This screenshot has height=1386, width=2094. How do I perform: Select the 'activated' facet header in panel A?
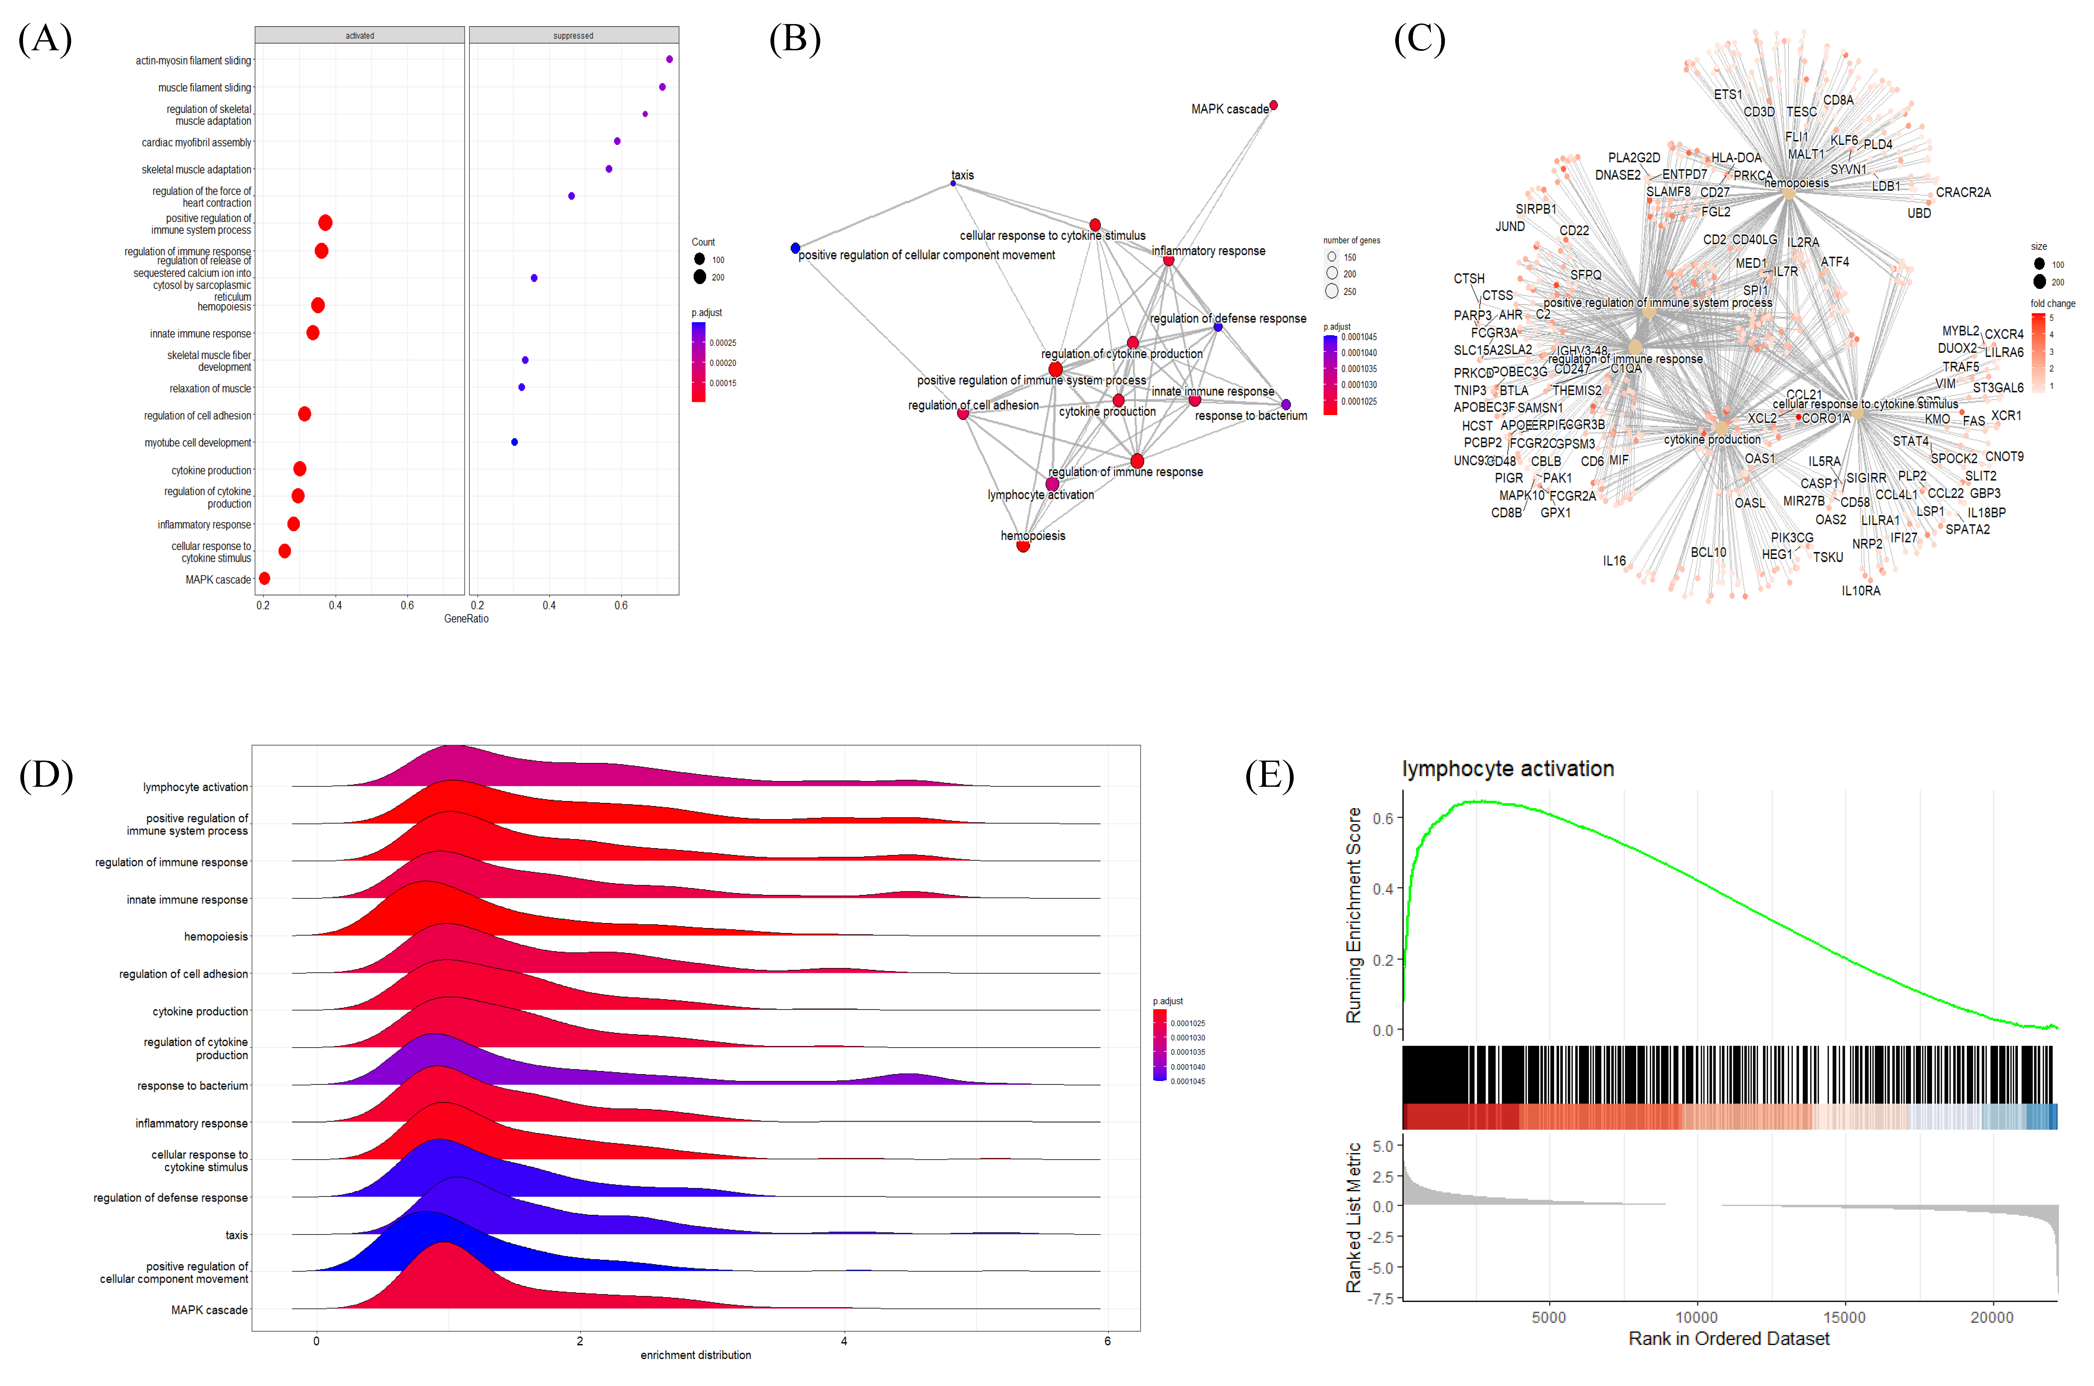pyautogui.click(x=360, y=35)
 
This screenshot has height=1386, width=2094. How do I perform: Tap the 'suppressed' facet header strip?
pyautogui.click(x=573, y=35)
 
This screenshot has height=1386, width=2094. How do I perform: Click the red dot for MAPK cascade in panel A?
pyautogui.click(x=264, y=578)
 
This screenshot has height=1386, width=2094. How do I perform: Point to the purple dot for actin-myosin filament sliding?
pyautogui.click(x=670, y=59)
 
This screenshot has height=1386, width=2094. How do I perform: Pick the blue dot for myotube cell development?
pyautogui.click(x=514, y=442)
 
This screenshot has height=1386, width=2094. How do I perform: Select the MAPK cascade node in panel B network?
pyautogui.click(x=1273, y=105)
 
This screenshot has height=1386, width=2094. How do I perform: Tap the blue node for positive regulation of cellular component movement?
pyautogui.click(x=795, y=248)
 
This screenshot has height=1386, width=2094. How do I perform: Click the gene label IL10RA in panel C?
pyautogui.click(x=1861, y=590)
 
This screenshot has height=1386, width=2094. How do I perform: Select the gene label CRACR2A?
pyautogui.click(x=1963, y=193)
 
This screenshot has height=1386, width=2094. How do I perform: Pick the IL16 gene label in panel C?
pyautogui.click(x=1614, y=560)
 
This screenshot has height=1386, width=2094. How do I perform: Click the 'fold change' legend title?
pyautogui.click(x=2052, y=303)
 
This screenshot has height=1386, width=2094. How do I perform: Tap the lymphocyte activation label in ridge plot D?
pyautogui.click(x=195, y=787)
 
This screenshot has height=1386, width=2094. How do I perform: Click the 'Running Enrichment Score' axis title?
pyautogui.click(x=1354, y=915)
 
